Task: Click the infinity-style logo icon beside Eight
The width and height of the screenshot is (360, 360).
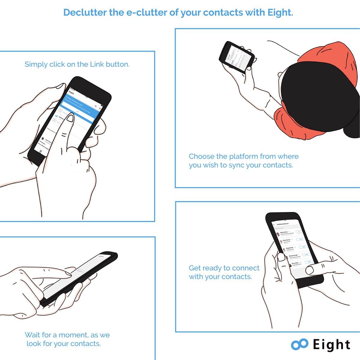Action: tap(299, 345)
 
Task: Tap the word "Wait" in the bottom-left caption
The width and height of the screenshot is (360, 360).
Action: tap(32, 335)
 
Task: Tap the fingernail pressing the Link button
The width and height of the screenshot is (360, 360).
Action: tap(70, 118)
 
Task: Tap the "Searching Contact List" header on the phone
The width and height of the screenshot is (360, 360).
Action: tap(283, 224)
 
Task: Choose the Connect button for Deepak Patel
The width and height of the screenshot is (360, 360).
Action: tap(303, 247)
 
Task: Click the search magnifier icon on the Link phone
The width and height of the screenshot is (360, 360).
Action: tap(96, 106)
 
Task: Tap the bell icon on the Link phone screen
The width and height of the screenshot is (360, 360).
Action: tap(100, 108)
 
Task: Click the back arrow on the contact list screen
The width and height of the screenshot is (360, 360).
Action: tap(274, 224)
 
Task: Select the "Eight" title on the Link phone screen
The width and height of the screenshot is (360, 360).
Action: tap(71, 92)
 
